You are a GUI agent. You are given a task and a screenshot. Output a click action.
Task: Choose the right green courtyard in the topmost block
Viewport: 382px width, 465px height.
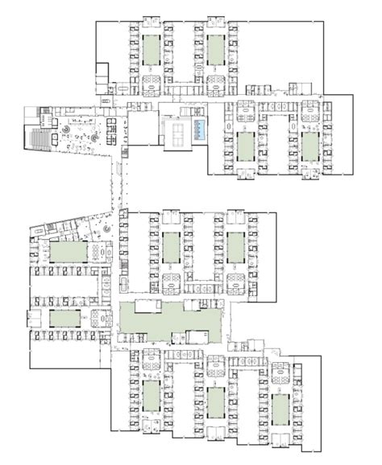215,50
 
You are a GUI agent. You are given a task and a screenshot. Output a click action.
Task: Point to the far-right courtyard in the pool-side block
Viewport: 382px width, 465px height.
310,147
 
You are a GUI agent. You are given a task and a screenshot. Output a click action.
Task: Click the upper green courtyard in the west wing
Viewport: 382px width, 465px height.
67,252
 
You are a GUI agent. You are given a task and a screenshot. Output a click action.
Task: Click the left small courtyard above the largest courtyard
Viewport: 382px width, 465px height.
170,247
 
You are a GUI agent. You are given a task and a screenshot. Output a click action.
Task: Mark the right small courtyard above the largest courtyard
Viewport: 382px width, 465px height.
235,247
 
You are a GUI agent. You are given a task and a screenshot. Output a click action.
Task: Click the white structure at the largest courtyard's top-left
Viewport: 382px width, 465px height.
147,307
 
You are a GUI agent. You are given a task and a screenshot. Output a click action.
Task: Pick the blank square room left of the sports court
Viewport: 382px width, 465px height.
143,129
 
